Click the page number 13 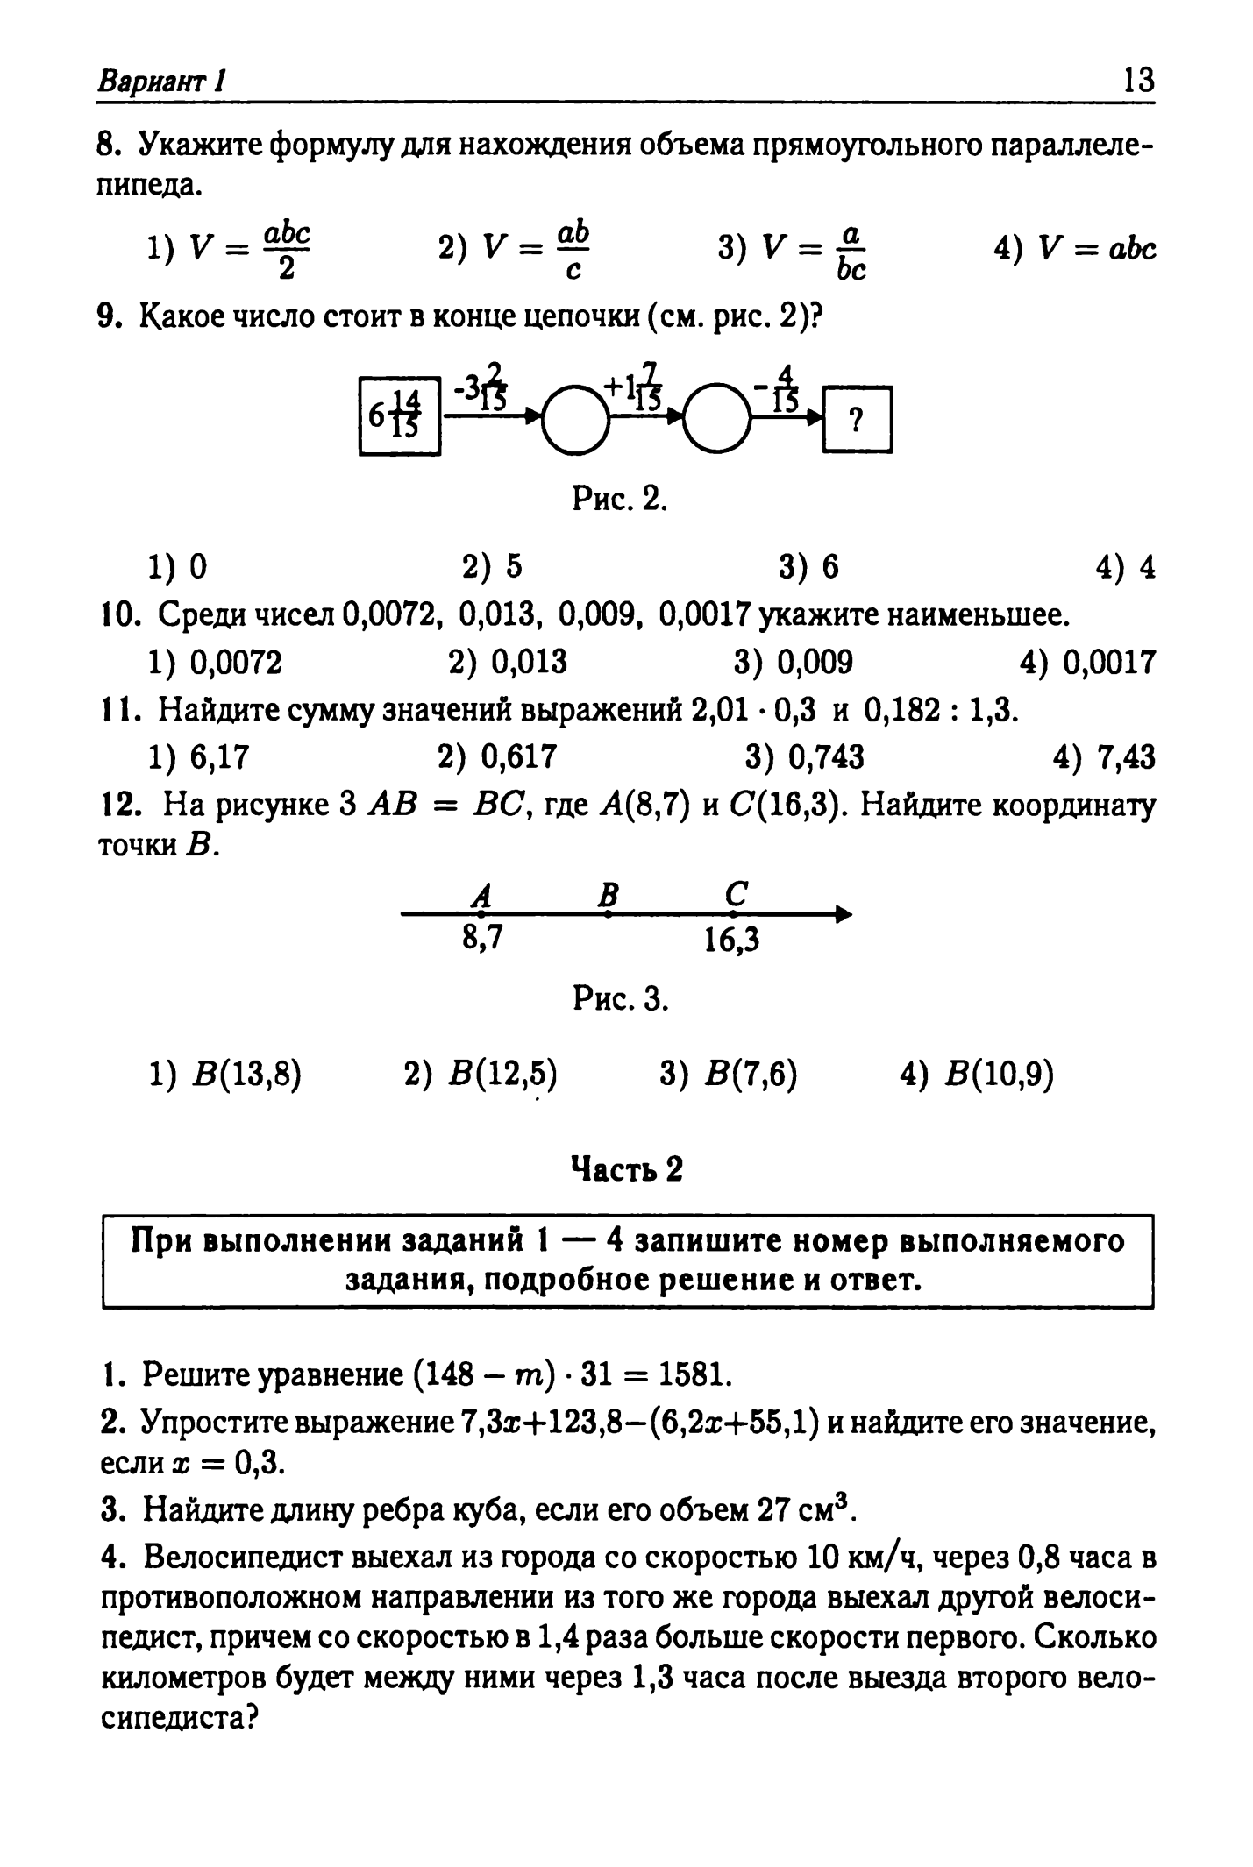1137,82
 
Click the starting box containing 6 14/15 399,415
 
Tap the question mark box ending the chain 857,420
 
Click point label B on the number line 608,895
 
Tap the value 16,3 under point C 731,941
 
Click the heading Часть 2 626,1168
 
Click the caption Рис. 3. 621,998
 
